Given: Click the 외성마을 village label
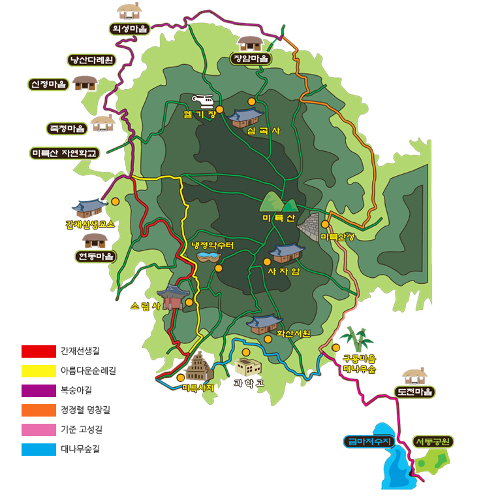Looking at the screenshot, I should (130, 29).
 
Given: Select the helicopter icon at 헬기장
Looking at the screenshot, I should (203, 101).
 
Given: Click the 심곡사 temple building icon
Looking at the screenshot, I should (245, 117).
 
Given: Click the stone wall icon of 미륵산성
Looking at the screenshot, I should (310, 226).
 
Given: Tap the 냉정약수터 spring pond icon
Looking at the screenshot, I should (208, 256).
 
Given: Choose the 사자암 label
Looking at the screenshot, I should (283, 271).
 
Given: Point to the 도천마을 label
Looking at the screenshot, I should (414, 392).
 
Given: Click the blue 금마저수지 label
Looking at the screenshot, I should (369, 442).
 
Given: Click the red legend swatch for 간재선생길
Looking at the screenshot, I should (39, 351).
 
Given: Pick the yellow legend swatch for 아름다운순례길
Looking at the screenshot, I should (39, 371).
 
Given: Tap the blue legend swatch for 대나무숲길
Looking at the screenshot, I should (39, 449).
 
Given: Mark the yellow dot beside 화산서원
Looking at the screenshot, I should (268, 339).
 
